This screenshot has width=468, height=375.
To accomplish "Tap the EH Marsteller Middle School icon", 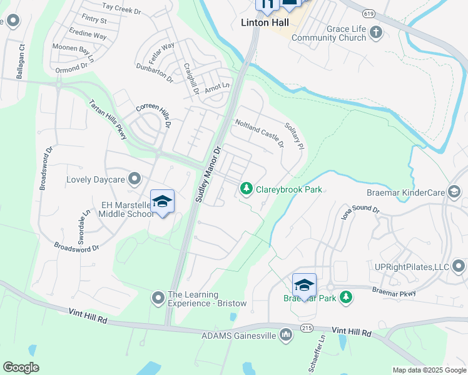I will pos(162,201).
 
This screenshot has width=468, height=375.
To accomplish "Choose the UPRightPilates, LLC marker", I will pos(459,267).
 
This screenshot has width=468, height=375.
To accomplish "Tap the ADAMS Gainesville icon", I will pos(286,335).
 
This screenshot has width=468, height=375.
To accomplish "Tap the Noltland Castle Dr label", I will pos(259,134).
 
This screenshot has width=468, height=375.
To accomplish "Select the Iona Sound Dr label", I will pos(359,209).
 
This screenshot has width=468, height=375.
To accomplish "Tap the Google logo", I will pos(21,367).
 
